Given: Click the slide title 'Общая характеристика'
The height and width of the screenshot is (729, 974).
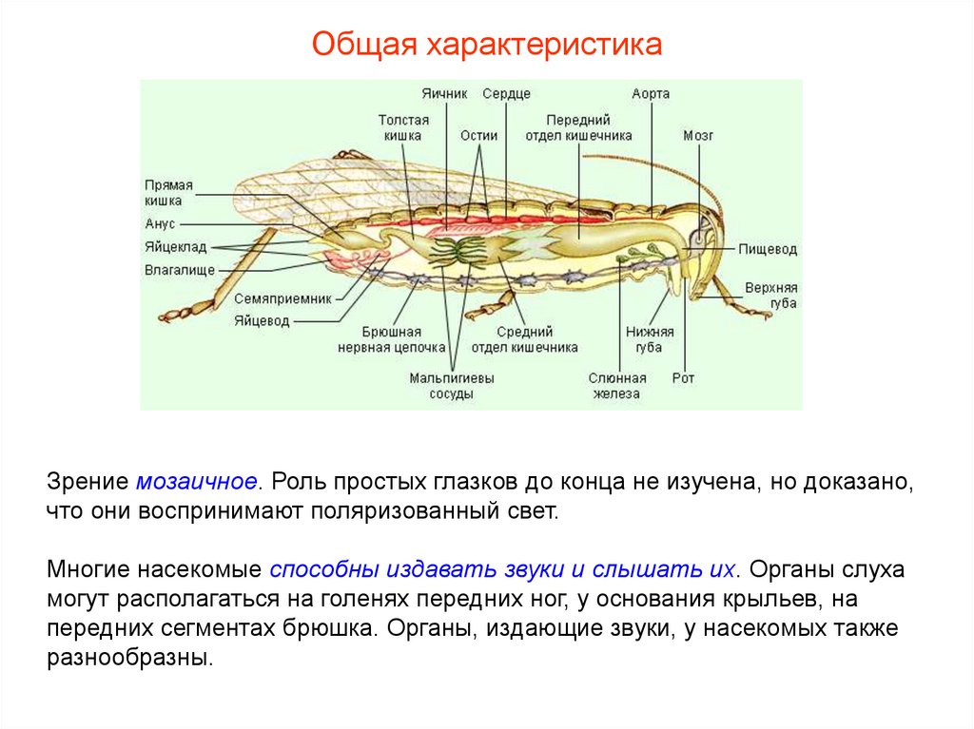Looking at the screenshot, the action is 486,45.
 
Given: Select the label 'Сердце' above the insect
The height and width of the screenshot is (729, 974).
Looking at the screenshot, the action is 506,94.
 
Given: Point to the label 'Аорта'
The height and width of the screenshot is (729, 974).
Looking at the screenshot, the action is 651,94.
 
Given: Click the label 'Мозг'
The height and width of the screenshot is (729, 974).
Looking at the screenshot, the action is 698,136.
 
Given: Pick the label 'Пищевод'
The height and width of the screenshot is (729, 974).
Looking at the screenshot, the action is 768,250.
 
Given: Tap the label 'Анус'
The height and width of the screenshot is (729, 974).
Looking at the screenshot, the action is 161,224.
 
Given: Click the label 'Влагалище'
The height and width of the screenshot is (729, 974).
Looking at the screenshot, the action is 173,270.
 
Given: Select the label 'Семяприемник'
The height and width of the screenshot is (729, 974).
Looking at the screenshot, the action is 284,297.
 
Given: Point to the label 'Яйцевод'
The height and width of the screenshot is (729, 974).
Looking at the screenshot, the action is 262,320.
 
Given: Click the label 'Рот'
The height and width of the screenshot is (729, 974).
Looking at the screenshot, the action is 683,378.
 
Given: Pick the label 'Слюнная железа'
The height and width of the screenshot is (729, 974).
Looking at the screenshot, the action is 617,386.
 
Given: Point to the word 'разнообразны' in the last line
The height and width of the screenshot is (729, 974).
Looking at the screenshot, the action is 128,657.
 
